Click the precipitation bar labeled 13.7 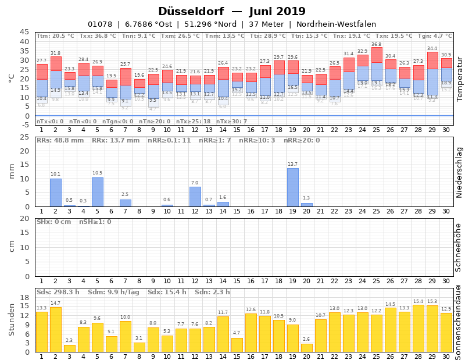tap(292, 187)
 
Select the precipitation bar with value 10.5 tap(97, 192)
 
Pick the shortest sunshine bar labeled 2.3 tap(69, 348)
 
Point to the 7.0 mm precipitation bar tap(195, 197)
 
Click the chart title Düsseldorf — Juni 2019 tap(232, 12)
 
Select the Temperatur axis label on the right tap(459, 79)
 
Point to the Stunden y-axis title tap(12, 319)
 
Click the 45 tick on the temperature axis tap(24, 33)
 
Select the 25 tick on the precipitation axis tap(24, 137)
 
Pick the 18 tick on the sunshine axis tap(24, 298)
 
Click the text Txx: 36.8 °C tap(98, 36)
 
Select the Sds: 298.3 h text tap(58, 292)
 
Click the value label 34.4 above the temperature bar tap(432, 48)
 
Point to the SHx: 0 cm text tap(53, 222)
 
